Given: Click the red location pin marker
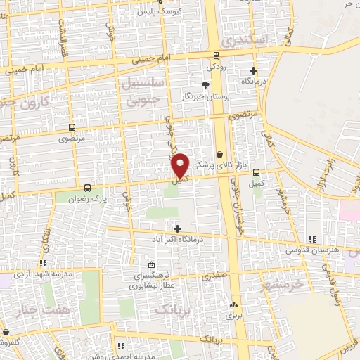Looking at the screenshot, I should pos(181,165).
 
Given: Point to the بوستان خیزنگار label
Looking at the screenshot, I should pos(205,95).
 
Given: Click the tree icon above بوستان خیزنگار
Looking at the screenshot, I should pos(205,84).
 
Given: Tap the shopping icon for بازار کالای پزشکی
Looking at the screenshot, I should pos(219,154).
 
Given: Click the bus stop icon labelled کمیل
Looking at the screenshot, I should pos(256,172).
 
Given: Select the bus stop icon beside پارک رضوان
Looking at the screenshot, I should pos(87,188).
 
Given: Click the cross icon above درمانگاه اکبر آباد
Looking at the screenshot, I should pos(177,229).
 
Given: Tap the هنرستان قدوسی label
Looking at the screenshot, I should pos(312,250).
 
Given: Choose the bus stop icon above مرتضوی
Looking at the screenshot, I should pos(72,128).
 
